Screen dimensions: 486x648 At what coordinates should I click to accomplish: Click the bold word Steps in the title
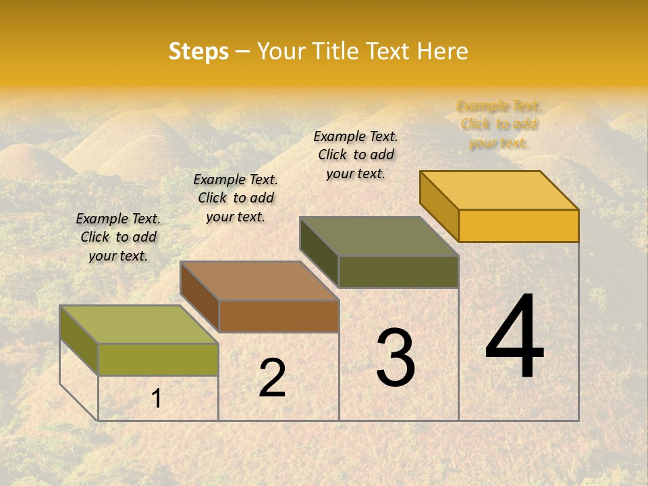coord(198,51)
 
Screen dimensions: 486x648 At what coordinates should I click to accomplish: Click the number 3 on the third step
coord(396,358)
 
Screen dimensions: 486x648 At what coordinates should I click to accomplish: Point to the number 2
coord(272,378)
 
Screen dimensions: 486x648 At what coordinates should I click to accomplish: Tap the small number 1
coord(157,398)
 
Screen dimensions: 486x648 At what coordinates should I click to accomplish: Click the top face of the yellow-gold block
coord(500,190)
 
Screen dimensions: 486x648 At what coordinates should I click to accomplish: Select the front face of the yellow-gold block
coord(518,225)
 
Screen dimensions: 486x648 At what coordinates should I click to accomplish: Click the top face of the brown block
coord(259,280)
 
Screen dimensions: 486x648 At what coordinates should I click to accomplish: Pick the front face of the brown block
coord(279,316)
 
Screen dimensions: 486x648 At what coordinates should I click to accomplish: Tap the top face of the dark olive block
coord(379,236)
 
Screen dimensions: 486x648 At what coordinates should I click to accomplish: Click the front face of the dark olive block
coord(398,271)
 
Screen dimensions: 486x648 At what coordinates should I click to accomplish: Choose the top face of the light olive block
coord(139,324)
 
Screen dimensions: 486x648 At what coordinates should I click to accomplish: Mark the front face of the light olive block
coord(158,359)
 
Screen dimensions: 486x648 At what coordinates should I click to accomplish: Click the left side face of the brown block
coord(200,297)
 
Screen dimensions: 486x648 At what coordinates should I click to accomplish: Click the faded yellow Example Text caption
coord(499,125)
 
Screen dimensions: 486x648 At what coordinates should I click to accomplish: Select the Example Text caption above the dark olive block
coord(356,155)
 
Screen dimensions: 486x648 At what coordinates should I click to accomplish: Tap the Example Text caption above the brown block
coord(236,198)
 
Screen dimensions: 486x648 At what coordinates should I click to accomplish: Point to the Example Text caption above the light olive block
coord(118,237)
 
